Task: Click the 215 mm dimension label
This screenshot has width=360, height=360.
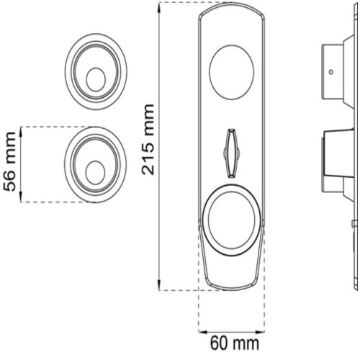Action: click(x=148, y=139)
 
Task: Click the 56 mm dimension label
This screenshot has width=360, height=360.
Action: click(x=10, y=161)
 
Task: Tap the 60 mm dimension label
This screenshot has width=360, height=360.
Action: click(x=235, y=343)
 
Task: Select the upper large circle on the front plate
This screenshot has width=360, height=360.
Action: click(x=231, y=72)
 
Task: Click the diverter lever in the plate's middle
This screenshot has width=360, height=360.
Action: click(x=231, y=153)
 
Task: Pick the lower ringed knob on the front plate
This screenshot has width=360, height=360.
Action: click(x=231, y=220)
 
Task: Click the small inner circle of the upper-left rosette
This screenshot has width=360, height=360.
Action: click(x=96, y=79)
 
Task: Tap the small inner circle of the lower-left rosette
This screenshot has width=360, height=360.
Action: click(x=95, y=173)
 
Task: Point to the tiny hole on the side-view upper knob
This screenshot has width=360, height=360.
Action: click(x=331, y=71)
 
